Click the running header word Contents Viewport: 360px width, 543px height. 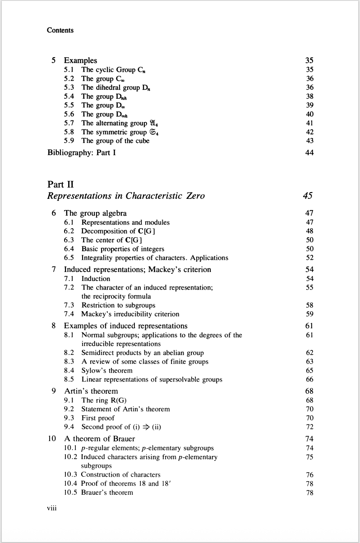(x=60, y=30)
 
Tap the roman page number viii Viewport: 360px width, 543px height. (x=52, y=509)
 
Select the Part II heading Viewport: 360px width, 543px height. (x=60, y=184)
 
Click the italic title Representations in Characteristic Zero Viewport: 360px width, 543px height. (x=126, y=196)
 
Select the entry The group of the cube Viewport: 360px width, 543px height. (x=115, y=141)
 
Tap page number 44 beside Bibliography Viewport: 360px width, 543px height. (x=309, y=152)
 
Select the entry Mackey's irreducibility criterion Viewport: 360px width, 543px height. (x=130, y=314)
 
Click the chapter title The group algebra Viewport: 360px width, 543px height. (x=95, y=213)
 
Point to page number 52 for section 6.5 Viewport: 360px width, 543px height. (x=309, y=258)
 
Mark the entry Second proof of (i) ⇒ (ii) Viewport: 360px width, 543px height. (x=121, y=427)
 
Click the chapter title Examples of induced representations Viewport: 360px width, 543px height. (x=125, y=326)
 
